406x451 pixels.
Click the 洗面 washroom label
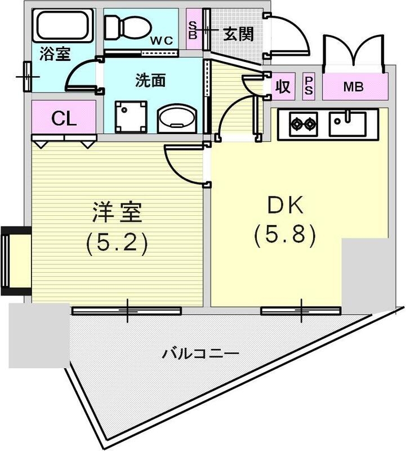pos(150,81)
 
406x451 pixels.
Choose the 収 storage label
pos(283,87)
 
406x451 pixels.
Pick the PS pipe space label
pos(309,87)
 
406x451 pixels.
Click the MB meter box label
pos(354,87)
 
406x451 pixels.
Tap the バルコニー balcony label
pos(201,354)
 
